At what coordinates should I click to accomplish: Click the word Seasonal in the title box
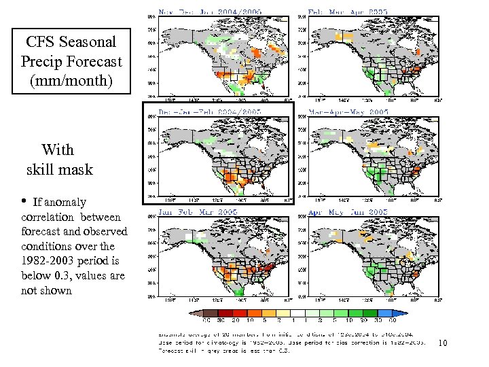85,41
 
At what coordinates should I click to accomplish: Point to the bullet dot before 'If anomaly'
23,201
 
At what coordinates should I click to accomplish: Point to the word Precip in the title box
43,61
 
